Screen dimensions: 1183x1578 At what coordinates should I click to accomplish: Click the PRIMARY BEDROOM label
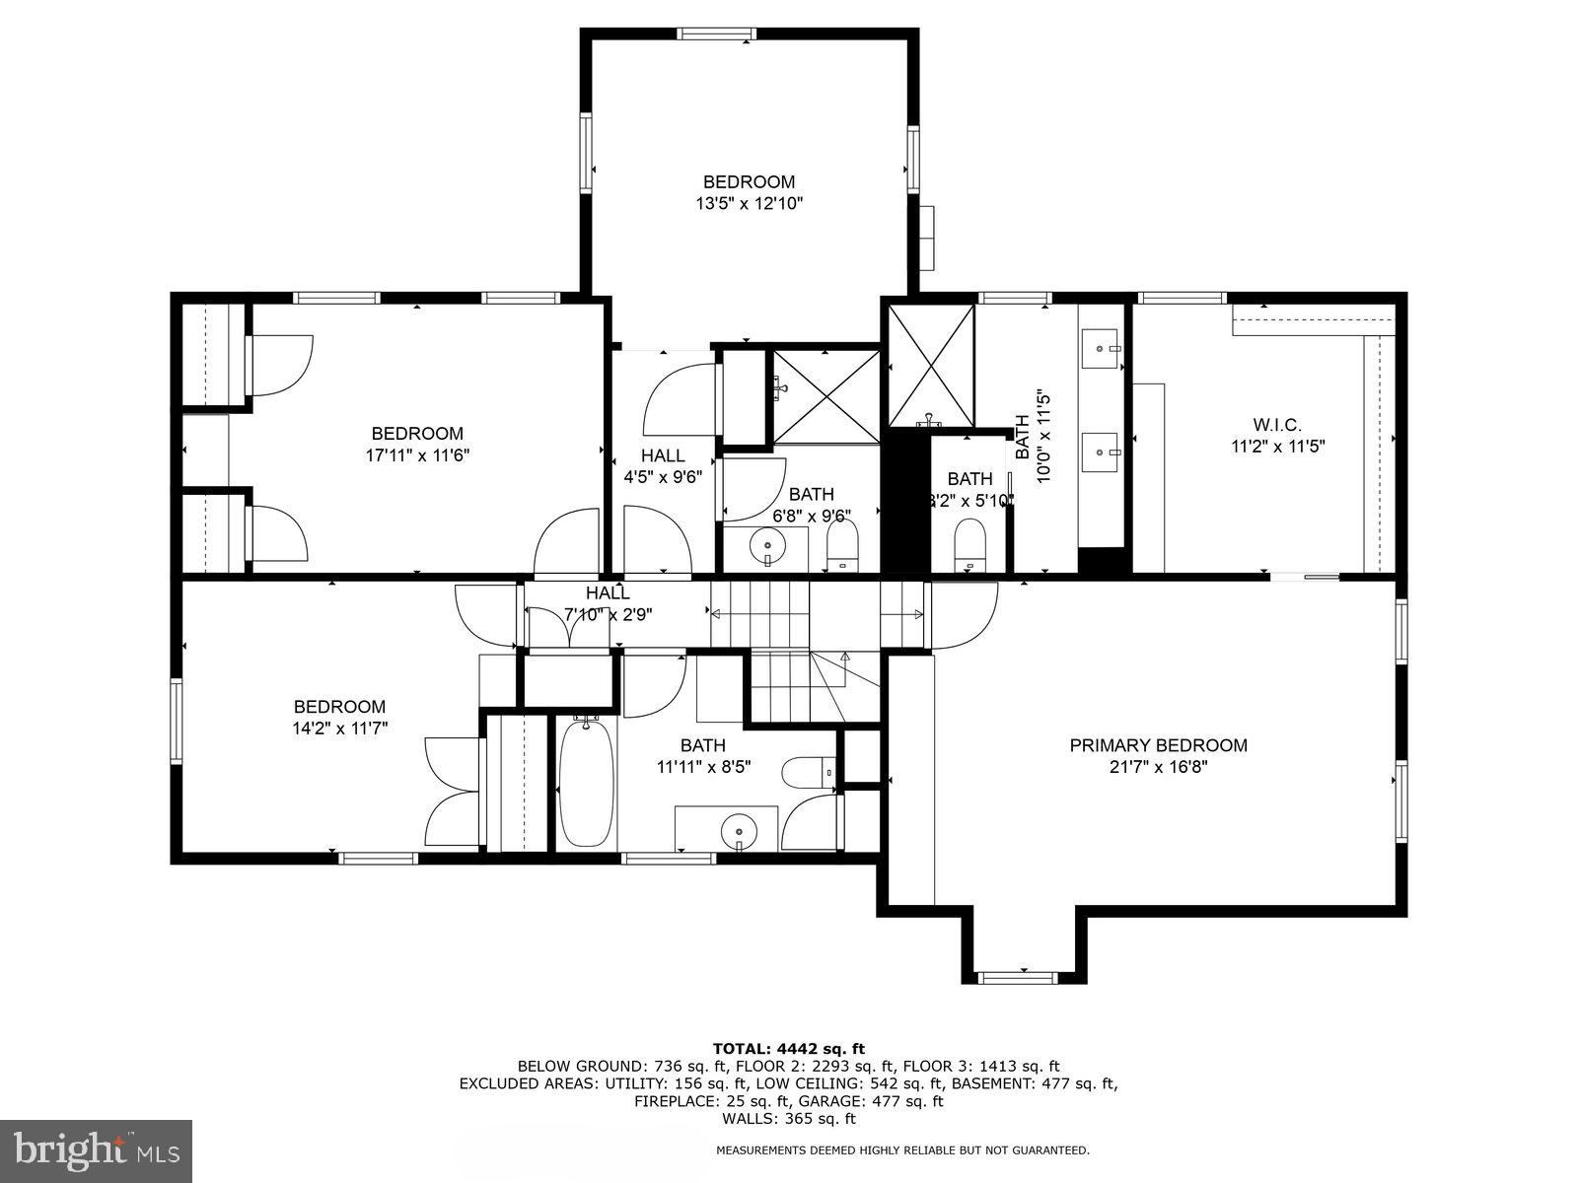[x=1158, y=745]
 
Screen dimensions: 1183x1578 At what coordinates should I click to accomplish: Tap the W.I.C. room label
[x=1277, y=425]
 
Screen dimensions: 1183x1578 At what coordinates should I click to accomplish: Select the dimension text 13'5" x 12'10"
[x=749, y=204]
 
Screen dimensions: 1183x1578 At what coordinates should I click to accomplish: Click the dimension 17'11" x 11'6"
[x=416, y=455]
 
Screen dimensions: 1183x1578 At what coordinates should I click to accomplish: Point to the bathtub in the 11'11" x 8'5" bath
[x=586, y=783]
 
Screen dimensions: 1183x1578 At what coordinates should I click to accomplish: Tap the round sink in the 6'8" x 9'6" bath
[x=767, y=544]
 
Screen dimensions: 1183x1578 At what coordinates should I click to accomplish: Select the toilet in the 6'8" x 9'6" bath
[x=842, y=545]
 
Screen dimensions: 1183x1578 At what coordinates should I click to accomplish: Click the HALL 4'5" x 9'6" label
[x=663, y=465]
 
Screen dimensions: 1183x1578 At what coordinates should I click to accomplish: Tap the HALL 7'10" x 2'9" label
[x=608, y=603]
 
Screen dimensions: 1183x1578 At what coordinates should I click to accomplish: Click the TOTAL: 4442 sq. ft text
[x=788, y=1048]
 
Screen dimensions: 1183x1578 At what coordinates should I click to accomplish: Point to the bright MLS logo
[x=97, y=1149]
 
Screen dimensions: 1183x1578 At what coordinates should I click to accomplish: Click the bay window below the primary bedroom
[x=1017, y=977]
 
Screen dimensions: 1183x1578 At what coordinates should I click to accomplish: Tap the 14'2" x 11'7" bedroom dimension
[x=340, y=729]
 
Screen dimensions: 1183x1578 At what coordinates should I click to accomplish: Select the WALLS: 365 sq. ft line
[x=788, y=1119]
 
